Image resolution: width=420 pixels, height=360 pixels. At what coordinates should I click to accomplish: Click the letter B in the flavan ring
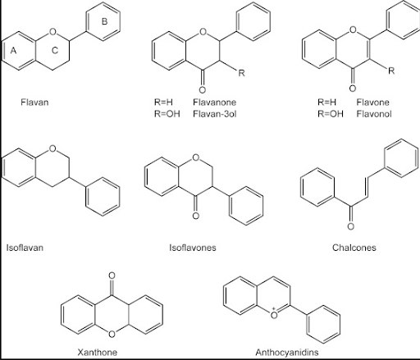tap(104, 21)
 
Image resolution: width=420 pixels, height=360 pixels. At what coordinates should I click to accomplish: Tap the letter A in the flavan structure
tap(13, 51)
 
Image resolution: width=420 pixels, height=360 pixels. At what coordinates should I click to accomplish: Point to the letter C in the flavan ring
tap(55, 50)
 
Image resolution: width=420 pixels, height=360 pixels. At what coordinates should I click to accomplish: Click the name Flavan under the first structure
tap(34, 103)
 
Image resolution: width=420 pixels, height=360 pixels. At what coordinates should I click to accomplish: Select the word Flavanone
tap(214, 102)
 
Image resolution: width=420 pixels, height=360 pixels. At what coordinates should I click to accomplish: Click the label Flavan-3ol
tap(214, 113)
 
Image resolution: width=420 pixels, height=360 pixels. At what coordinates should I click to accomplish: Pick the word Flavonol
tap(374, 113)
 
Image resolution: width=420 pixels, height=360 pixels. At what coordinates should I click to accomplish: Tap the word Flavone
tap(372, 102)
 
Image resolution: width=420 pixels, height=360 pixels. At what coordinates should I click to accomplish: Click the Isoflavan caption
tap(25, 248)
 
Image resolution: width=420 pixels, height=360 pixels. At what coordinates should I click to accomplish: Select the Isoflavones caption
tap(193, 248)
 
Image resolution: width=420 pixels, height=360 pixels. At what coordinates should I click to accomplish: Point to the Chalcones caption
tap(354, 248)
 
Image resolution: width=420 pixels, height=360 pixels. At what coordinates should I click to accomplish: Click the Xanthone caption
tap(98, 352)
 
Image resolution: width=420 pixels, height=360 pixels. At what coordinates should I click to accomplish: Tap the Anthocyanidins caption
tap(287, 352)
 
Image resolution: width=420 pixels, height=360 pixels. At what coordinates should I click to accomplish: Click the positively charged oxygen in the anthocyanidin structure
tap(274, 314)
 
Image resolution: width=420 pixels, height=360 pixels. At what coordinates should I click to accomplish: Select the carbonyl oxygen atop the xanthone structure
tap(112, 276)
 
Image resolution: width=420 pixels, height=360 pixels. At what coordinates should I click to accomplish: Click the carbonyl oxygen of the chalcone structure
tap(350, 226)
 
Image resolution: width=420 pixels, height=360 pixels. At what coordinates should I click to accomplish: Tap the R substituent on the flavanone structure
tap(241, 73)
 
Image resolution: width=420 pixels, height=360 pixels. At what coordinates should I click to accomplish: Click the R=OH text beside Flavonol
tap(331, 113)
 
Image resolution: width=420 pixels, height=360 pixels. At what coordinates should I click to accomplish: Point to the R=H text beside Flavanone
tap(163, 102)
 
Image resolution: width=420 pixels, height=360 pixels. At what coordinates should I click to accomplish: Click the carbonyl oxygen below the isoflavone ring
tap(195, 216)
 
